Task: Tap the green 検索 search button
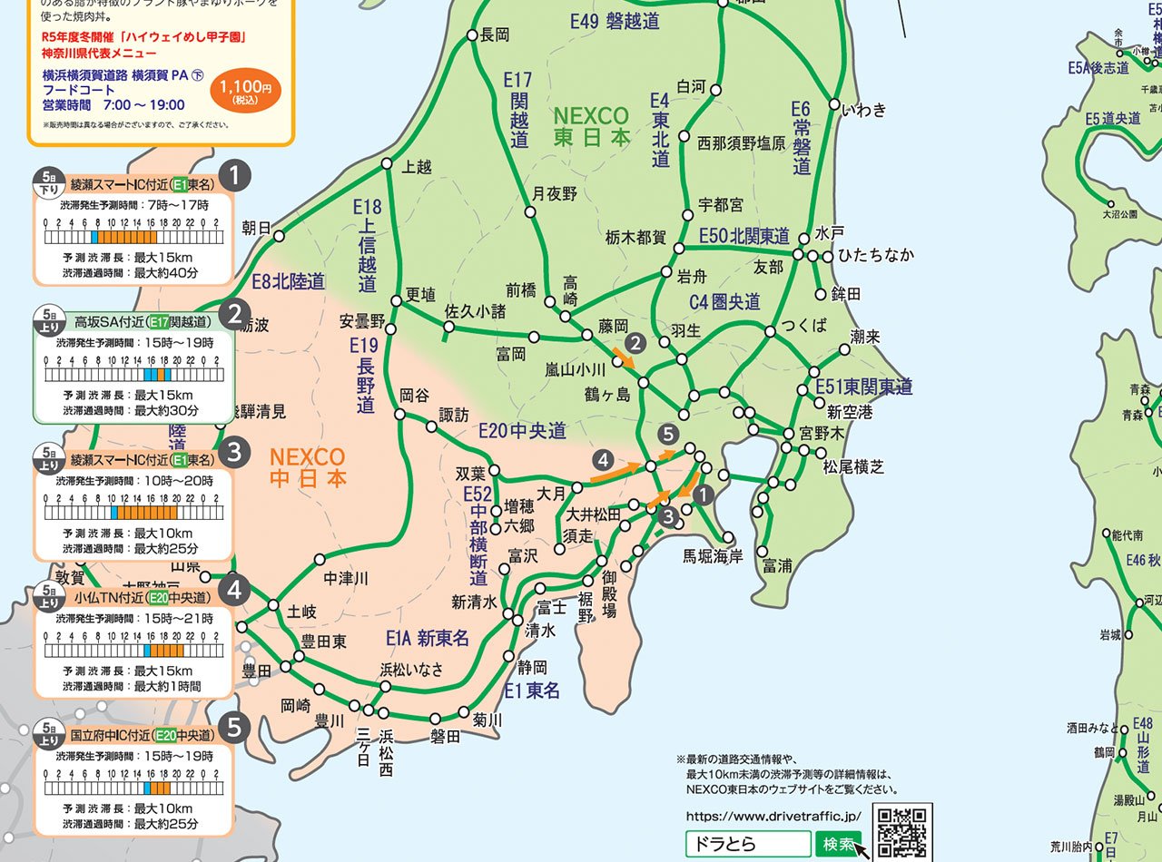(x=838, y=844)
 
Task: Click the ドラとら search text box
(x=747, y=844)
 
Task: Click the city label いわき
(x=863, y=111)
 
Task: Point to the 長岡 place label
(x=495, y=35)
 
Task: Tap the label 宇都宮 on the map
(x=721, y=205)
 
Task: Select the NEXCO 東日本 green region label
(x=591, y=127)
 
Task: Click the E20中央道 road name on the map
(x=522, y=430)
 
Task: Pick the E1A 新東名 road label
(x=428, y=639)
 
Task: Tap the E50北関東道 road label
(x=743, y=236)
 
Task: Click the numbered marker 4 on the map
(x=601, y=460)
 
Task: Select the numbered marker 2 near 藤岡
(x=636, y=343)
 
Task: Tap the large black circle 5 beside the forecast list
(x=235, y=729)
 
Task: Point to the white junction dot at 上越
(x=387, y=164)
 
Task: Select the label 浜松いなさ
(x=412, y=670)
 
